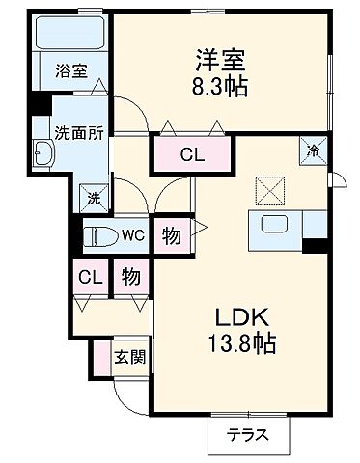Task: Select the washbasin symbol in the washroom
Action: pos(44,153)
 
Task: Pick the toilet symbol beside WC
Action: pos(100,234)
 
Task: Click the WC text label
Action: pos(132,234)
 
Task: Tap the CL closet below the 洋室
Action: pos(192,153)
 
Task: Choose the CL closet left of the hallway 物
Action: pos(90,278)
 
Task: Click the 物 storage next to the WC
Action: pos(170,234)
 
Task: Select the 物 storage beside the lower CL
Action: pos(130,278)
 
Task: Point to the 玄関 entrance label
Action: pos(131,358)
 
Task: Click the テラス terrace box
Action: pos(248,435)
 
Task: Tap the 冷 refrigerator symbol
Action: pos(314,150)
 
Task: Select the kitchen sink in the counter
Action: pos(276,229)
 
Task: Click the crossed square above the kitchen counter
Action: pos(269,189)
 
